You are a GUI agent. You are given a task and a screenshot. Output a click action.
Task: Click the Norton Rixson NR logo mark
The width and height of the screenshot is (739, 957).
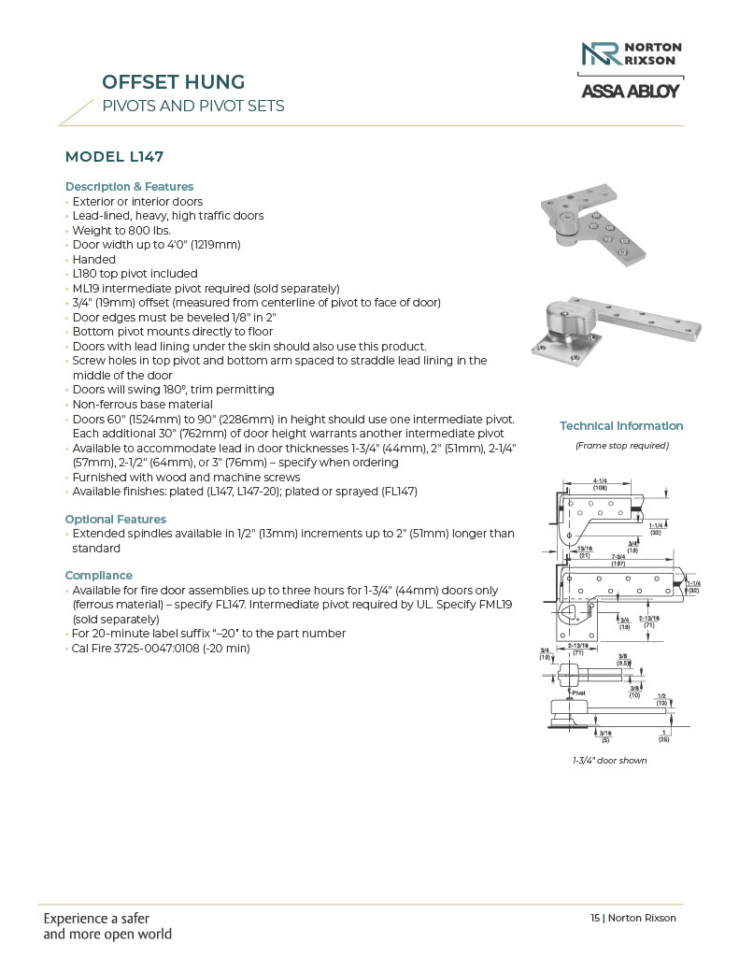coord(600,54)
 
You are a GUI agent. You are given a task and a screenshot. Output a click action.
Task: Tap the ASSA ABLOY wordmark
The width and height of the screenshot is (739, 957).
coord(631,92)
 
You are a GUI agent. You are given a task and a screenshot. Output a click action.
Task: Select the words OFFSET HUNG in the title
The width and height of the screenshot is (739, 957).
coord(173,82)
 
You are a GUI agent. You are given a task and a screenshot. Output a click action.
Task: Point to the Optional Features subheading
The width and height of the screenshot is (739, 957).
coord(116,519)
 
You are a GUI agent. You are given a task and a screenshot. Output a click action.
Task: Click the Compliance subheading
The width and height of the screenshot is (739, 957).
coord(99,575)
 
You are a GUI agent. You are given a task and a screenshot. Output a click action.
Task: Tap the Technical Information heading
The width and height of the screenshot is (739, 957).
coord(621,426)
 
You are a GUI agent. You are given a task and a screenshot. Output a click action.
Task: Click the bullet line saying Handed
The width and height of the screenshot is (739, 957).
coord(94,259)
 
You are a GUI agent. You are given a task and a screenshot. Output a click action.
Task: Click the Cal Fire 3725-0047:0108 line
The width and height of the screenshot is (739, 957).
coord(161,648)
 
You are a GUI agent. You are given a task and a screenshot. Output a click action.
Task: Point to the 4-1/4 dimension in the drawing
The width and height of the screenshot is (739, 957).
coord(602,482)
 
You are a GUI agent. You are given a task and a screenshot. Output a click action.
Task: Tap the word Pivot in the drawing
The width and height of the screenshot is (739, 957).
coord(578,693)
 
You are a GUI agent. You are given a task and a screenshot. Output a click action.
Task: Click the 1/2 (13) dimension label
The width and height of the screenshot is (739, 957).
coord(661,699)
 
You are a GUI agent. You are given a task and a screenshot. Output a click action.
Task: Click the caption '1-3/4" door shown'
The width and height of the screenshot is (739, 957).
coord(609,761)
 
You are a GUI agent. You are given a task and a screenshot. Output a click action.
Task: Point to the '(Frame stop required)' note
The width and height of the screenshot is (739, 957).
coord(621,446)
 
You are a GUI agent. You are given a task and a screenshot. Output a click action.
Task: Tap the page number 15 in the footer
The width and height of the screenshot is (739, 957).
coord(595,918)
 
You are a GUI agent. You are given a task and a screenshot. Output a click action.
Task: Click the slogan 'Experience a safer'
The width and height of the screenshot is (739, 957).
coord(96,918)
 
